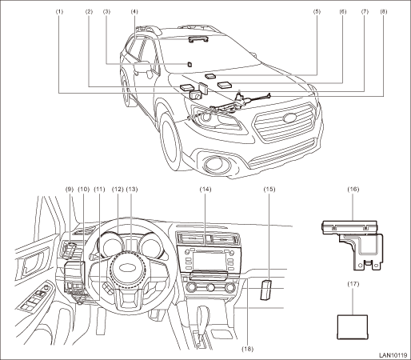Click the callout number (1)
pyautogui.click(x=59, y=11)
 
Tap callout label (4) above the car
pyautogui.click(x=134, y=11)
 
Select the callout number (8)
pyautogui.click(x=384, y=11)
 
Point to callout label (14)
pyautogui.click(x=205, y=189)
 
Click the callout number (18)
pyautogui.click(x=248, y=349)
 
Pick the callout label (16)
pyautogui.click(x=353, y=189)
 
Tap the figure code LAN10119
pyautogui.click(x=393, y=355)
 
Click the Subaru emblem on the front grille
pyautogui.click(x=290, y=118)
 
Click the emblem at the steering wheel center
pyautogui.click(x=128, y=268)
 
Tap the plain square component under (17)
pyautogui.click(x=353, y=327)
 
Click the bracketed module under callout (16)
pyautogui.click(x=353, y=245)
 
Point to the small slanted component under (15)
pyautogui.click(x=265, y=290)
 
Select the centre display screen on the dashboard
pyautogui.click(x=209, y=261)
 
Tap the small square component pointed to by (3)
pyautogui.click(x=189, y=65)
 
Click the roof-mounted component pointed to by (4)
pyautogui.click(x=198, y=40)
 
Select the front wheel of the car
pyautogui.click(x=171, y=141)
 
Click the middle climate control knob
pyautogui.click(x=210, y=288)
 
